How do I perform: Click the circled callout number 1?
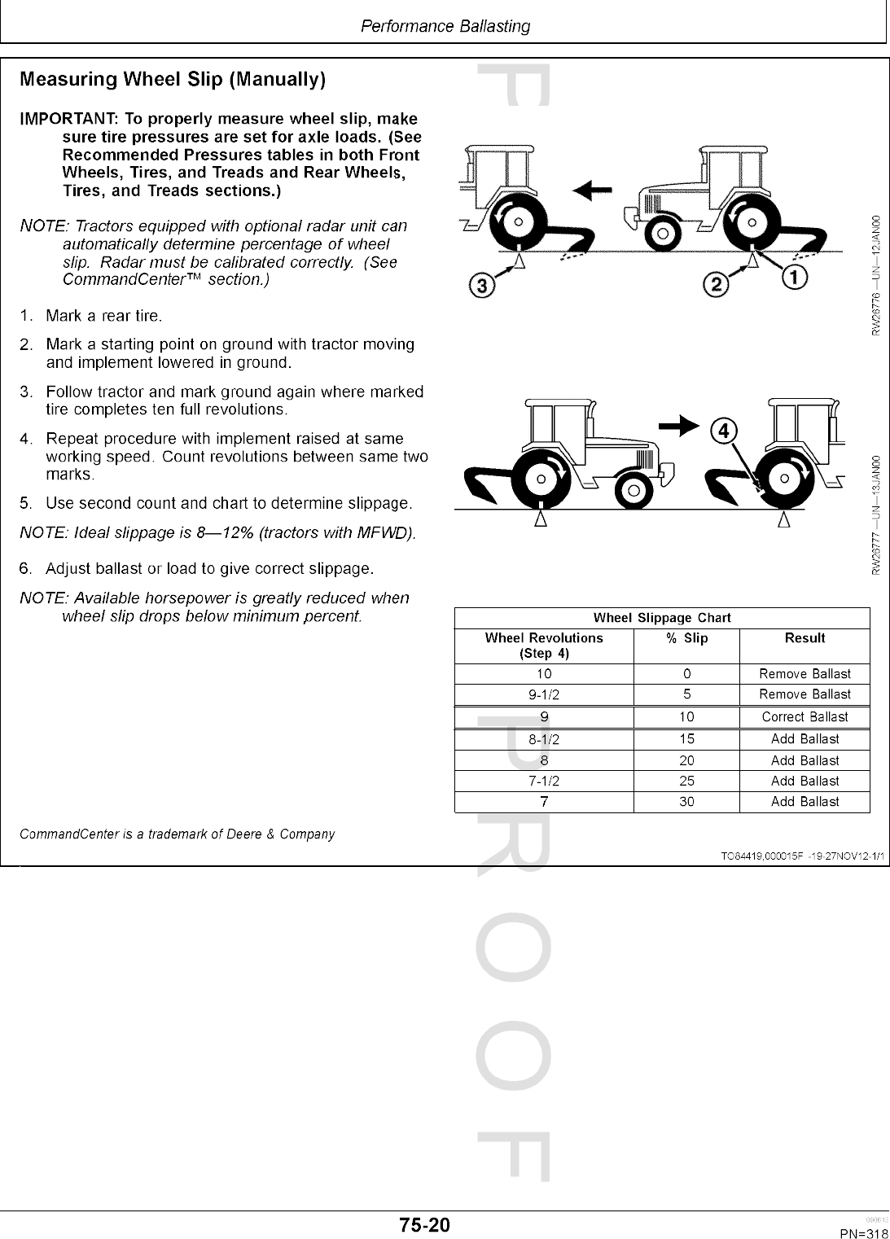(x=795, y=278)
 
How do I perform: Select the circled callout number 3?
(x=482, y=286)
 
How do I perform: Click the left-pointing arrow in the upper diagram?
(x=593, y=190)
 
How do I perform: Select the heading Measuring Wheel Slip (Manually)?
(x=173, y=80)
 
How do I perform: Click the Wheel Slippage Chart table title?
(x=662, y=618)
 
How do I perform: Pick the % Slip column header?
(x=686, y=638)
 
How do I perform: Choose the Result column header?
(x=805, y=638)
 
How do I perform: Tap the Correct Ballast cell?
(x=805, y=717)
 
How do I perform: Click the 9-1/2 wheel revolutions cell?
(x=544, y=695)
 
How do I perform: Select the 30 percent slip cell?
(x=686, y=802)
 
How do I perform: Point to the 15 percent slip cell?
(x=686, y=739)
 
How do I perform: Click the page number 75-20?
(x=424, y=1224)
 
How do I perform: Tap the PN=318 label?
(x=864, y=1233)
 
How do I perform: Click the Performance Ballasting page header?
(x=445, y=26)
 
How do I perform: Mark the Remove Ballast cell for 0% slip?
(x=805, y=674)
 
